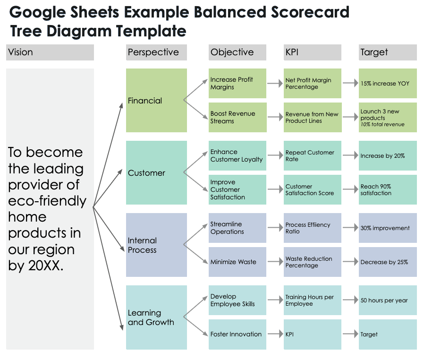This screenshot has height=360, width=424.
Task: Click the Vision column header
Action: tap(50, 52)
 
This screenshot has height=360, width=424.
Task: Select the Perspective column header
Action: tap(156, 52)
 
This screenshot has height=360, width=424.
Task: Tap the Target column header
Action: tap(388, 52)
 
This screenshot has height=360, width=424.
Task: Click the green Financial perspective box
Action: tap(156, 100)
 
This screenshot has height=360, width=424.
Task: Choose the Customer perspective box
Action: tap(156, 172)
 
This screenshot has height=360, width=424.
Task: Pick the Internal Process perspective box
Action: tap(156, 245)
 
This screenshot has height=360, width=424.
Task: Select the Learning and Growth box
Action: tap(156, 317)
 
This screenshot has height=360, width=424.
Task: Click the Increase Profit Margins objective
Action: tap(237, 83)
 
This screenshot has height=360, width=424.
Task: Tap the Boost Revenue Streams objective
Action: tap(237, 117)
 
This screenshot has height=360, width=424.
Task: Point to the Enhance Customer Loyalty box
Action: tap(237, 155)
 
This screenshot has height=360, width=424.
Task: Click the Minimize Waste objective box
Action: tap(237, 262)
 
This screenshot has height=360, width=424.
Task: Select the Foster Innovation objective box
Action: tap(237, 334)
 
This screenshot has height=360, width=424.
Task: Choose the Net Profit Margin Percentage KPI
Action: tap(312, 83)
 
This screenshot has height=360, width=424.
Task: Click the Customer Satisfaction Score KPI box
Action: tap(312, 189)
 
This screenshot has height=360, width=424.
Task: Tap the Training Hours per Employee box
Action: tap(312, 300)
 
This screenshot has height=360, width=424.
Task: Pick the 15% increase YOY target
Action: tap(388, 83)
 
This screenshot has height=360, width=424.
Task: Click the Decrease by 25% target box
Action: tap(388, 262)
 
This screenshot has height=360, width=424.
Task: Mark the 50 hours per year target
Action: tap(388, 300)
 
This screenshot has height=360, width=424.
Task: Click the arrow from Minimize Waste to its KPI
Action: tap(275, 261)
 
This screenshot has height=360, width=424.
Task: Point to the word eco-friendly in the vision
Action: tap(47, 201)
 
